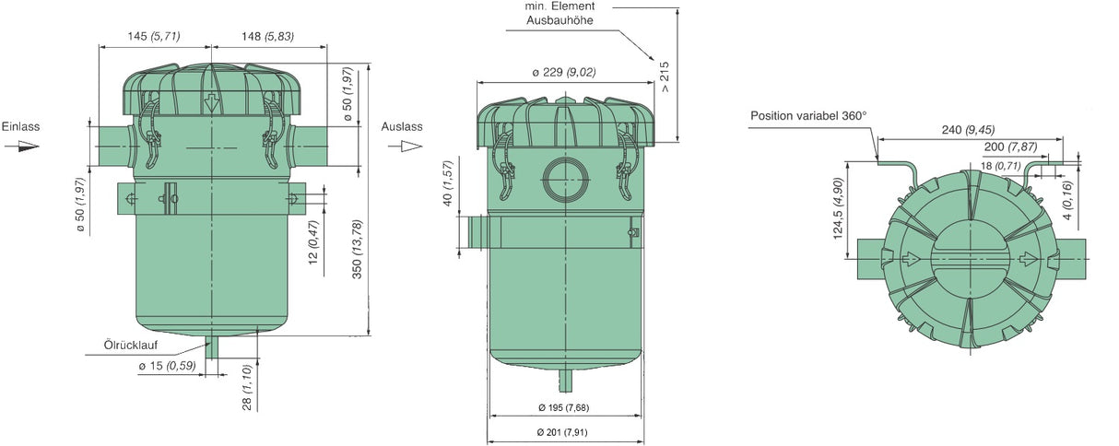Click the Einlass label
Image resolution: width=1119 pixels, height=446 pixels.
click(x=20, y=126)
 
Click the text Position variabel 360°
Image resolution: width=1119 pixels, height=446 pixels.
click(x=808, y=116)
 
